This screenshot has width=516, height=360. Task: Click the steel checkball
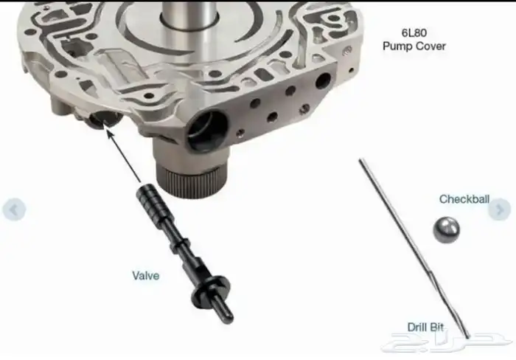(x=446, y=229)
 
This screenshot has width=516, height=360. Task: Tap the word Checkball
(x=464, y=199)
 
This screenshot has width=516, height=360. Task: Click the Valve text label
(x=146, y=276)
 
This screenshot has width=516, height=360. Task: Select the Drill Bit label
(x=425, y=327)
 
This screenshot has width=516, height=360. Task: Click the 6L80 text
(x=414, y=32)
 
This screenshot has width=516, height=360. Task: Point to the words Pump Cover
(x=414, y=46)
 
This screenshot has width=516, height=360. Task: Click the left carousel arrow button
(x=14, y=210)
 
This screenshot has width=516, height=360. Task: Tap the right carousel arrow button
(x=500, y=210)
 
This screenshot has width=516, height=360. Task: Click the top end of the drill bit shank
(x=360, y=161)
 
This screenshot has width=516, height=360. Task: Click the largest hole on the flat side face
(x=323, y=81)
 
